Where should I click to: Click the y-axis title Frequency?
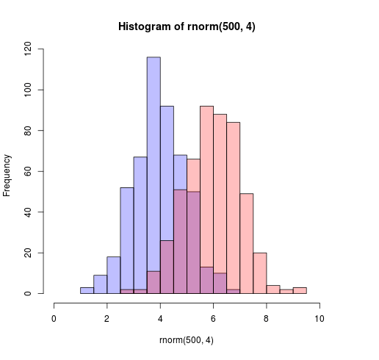7,175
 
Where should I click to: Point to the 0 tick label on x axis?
54,319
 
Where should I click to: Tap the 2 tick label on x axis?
107,319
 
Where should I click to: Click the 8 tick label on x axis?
267,319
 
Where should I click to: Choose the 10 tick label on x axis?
320,319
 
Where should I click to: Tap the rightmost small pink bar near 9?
300,291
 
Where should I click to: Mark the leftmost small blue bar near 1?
87,291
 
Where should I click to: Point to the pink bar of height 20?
260,273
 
